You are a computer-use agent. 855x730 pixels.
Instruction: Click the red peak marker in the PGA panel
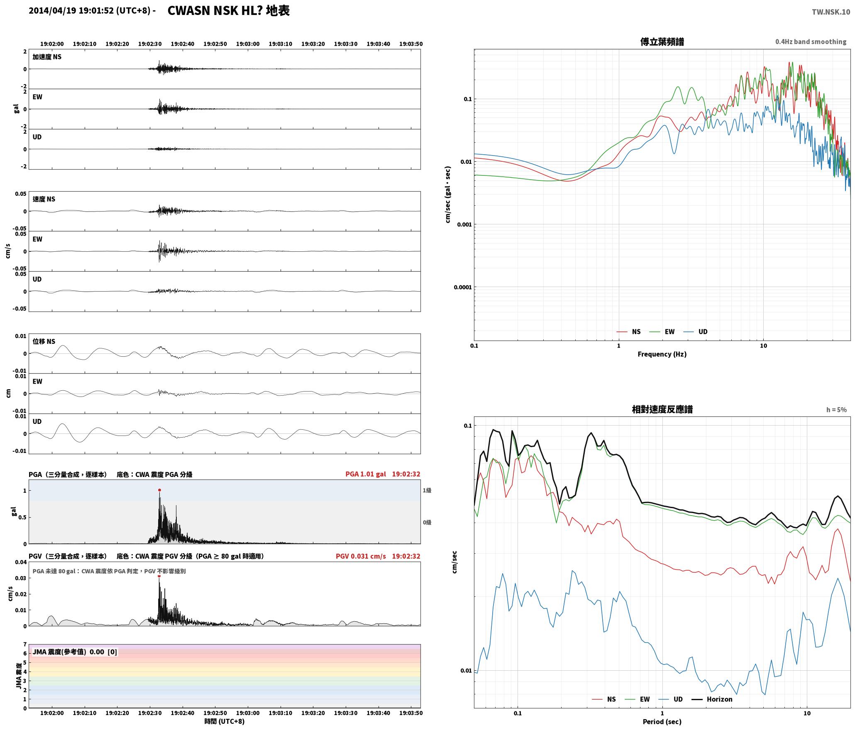(x=159, y=490)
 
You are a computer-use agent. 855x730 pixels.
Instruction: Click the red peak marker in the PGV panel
(x=159, y=576)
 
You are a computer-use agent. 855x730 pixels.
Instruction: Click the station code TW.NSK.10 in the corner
(x=831, y=12)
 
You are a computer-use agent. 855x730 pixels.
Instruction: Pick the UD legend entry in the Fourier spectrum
(x=696, y=332)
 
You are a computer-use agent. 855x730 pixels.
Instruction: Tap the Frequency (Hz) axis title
(x=662, y=354)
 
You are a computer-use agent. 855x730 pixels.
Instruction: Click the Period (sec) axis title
(x=662, y=722)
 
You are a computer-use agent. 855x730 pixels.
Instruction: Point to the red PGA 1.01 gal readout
(x=366, y=474)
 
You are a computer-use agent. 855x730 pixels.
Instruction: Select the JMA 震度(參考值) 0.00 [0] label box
(x=75, y=652)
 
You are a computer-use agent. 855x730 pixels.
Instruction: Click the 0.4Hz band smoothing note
(x=811, y=42)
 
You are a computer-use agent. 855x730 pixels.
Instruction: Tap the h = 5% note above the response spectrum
(x=836, y=410)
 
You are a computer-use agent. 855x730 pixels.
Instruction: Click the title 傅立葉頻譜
(x=662, y=42)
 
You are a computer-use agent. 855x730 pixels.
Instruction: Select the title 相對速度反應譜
(x=662, y=409)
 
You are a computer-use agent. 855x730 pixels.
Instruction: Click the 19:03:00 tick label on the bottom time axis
(x=248, y=713)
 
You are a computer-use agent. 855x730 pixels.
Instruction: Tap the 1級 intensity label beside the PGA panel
(x=427, y=490)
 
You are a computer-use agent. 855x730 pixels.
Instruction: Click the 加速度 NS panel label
(x=47, y=57)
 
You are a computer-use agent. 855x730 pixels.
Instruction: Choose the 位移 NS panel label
(x=44, y=341)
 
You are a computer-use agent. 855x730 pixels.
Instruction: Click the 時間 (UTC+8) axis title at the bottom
(x=225, y=722)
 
